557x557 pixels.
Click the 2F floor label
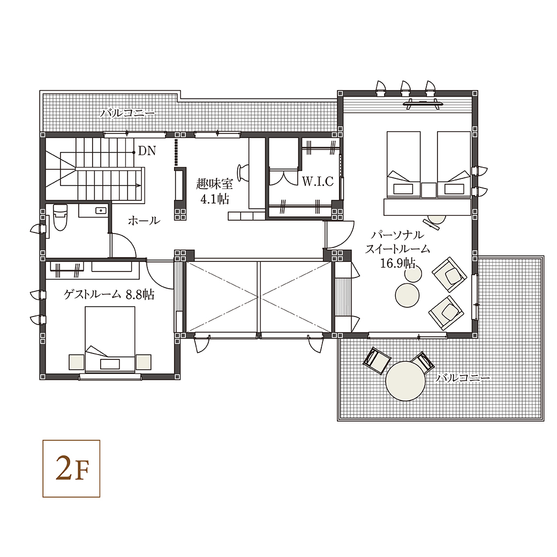coord(71,469)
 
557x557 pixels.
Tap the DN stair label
coord(147,151)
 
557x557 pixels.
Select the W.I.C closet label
coord(318,181)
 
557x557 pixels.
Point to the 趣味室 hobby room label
coord(214,184)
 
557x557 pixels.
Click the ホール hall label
coord(144,221)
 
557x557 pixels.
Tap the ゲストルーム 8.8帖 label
coord(109,295)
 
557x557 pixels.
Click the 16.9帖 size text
coord(397,263)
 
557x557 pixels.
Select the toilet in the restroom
coord(59,217)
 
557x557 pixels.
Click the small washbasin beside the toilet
coord(101,210)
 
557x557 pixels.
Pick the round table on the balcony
coord(405,381)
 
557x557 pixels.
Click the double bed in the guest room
coord(110,339)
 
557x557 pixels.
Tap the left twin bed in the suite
coord(403,164)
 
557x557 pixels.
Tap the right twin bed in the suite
coord(454,164)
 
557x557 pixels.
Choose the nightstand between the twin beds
coord(429,190)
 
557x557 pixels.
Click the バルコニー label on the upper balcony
coord(127,114)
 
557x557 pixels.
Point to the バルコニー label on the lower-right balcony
coord(463,378)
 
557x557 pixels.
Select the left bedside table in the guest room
coord(77,362)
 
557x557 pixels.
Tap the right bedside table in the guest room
coord(144,362)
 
